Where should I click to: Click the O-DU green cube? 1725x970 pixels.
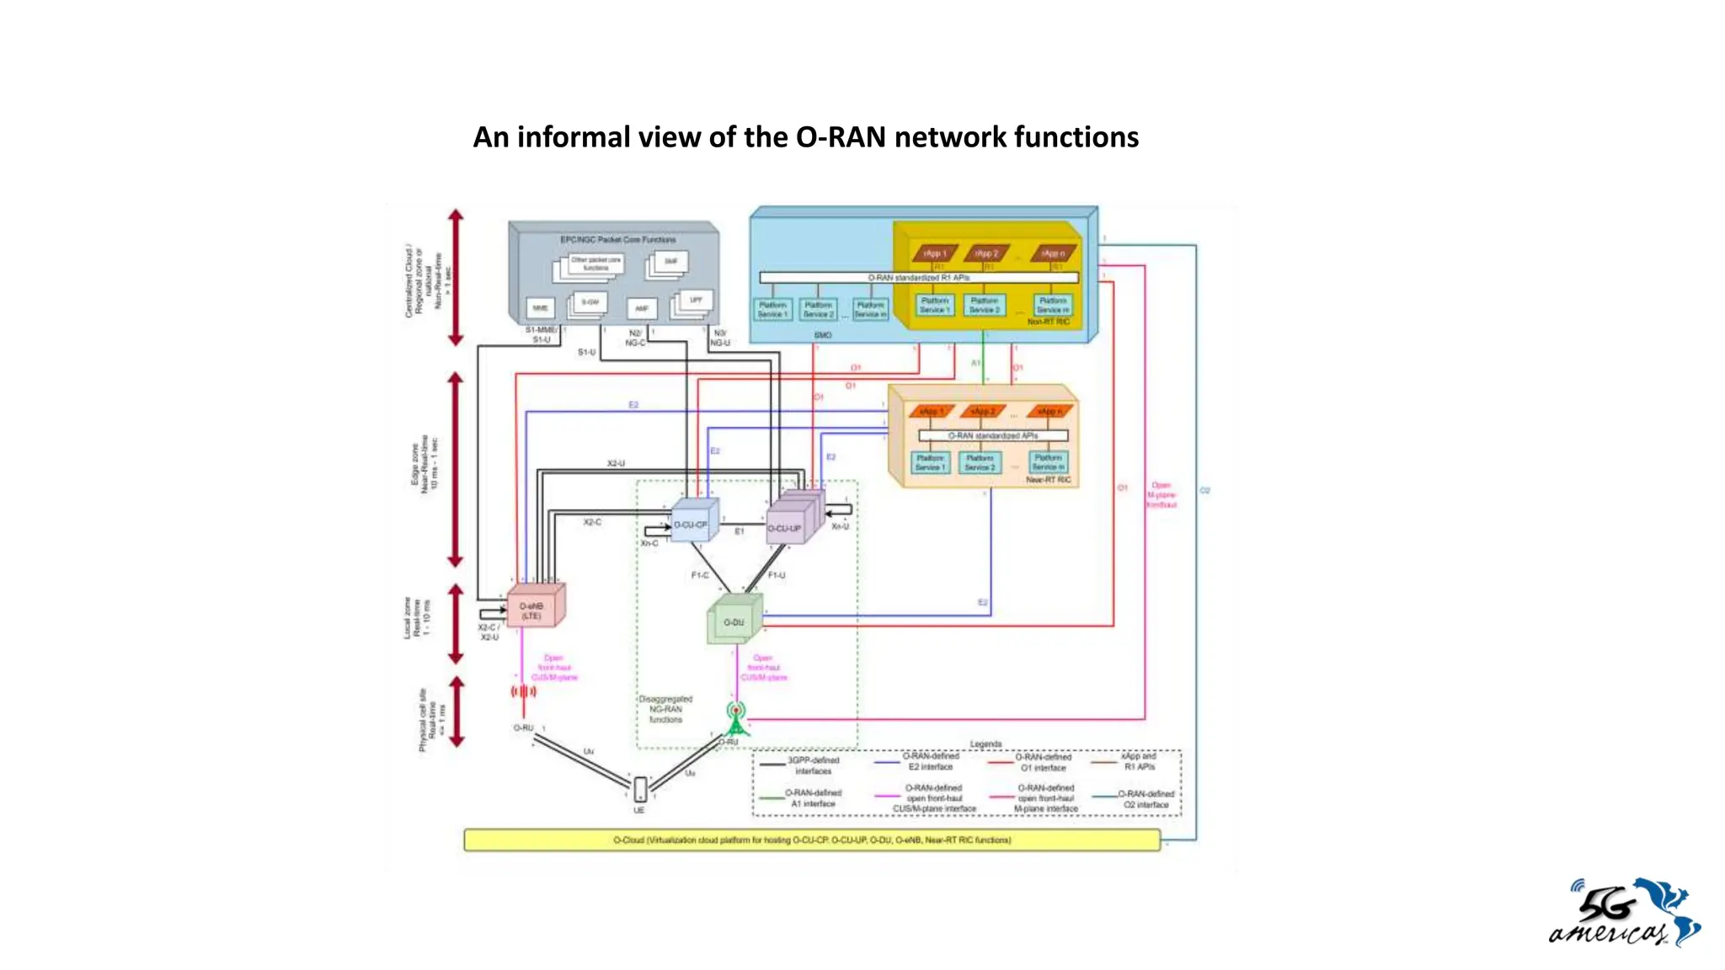click(734, 621)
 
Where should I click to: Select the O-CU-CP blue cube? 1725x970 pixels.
click(692, 523)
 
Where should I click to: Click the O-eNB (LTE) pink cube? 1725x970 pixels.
click(534, 608)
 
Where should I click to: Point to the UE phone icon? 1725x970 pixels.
click(640, 790)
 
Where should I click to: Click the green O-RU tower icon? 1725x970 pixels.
click(736, 720)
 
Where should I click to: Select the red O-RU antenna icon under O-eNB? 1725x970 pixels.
click(523, 692)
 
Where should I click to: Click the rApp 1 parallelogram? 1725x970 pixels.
click(934, 253)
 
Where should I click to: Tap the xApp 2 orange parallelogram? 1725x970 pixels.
click(982, 412)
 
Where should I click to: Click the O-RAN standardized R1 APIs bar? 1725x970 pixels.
click(918, 277)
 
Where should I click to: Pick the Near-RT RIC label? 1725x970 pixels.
click(1048, 480)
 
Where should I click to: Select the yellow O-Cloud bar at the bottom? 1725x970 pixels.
click(811, 839)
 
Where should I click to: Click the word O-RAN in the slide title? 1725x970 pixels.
click(841, 137)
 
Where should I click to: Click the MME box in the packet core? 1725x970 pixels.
click(540, 308)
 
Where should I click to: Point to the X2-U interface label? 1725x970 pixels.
click(616, 464)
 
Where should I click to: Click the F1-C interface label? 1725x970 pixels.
click(700, 575)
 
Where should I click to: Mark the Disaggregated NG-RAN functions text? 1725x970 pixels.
click(665, 709)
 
